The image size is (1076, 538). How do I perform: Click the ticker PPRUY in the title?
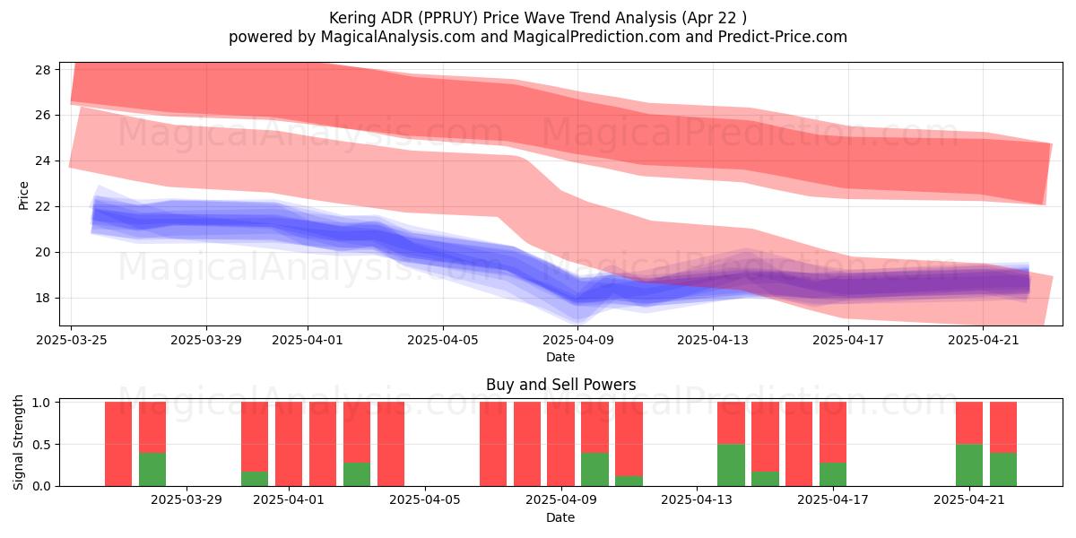point(447,18)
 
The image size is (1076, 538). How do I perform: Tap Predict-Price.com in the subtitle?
point(783,37)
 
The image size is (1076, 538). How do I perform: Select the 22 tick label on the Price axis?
point(43,207)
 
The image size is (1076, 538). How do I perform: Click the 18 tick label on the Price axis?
point(43,299)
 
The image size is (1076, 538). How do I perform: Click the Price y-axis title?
point(23,195)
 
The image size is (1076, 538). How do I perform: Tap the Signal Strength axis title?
point(18,442)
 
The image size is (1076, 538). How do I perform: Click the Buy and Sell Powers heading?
point(560,385)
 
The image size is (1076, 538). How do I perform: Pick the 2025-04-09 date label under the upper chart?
point(577,340)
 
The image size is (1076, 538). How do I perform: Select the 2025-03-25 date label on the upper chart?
point(72,340)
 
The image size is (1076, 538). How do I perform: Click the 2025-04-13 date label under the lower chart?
point(697,500)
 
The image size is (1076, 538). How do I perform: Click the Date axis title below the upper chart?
point(560,357)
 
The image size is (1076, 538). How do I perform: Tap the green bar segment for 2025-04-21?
point(969,465)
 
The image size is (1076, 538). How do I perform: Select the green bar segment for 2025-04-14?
point(731,465)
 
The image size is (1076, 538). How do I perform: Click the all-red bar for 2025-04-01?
point(289,444)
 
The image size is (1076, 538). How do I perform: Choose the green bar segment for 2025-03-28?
point(152,469)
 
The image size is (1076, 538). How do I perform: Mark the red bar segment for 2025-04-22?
point(1003,428)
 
